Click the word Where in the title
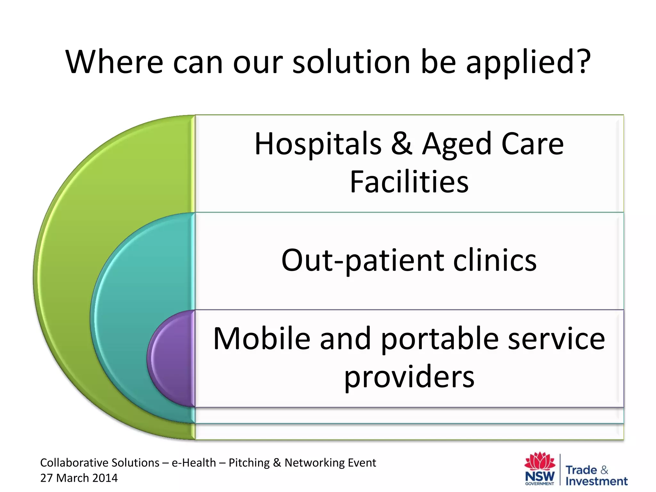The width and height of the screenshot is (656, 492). click(x=114, y=62)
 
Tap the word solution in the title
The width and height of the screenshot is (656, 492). click(x=351, y=62)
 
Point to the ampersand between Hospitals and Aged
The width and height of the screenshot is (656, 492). click(x=401, y=144)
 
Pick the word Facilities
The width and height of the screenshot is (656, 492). click(x=409, y=182)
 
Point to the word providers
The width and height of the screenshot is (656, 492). click(x=409, y=377)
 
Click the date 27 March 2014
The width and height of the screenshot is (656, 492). click(x=79, y=478)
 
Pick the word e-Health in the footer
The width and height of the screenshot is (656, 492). click(x=194, y=463)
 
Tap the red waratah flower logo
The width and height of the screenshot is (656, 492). click(x=540, y=461)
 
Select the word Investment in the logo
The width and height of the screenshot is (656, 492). click(x=596, y=481)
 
